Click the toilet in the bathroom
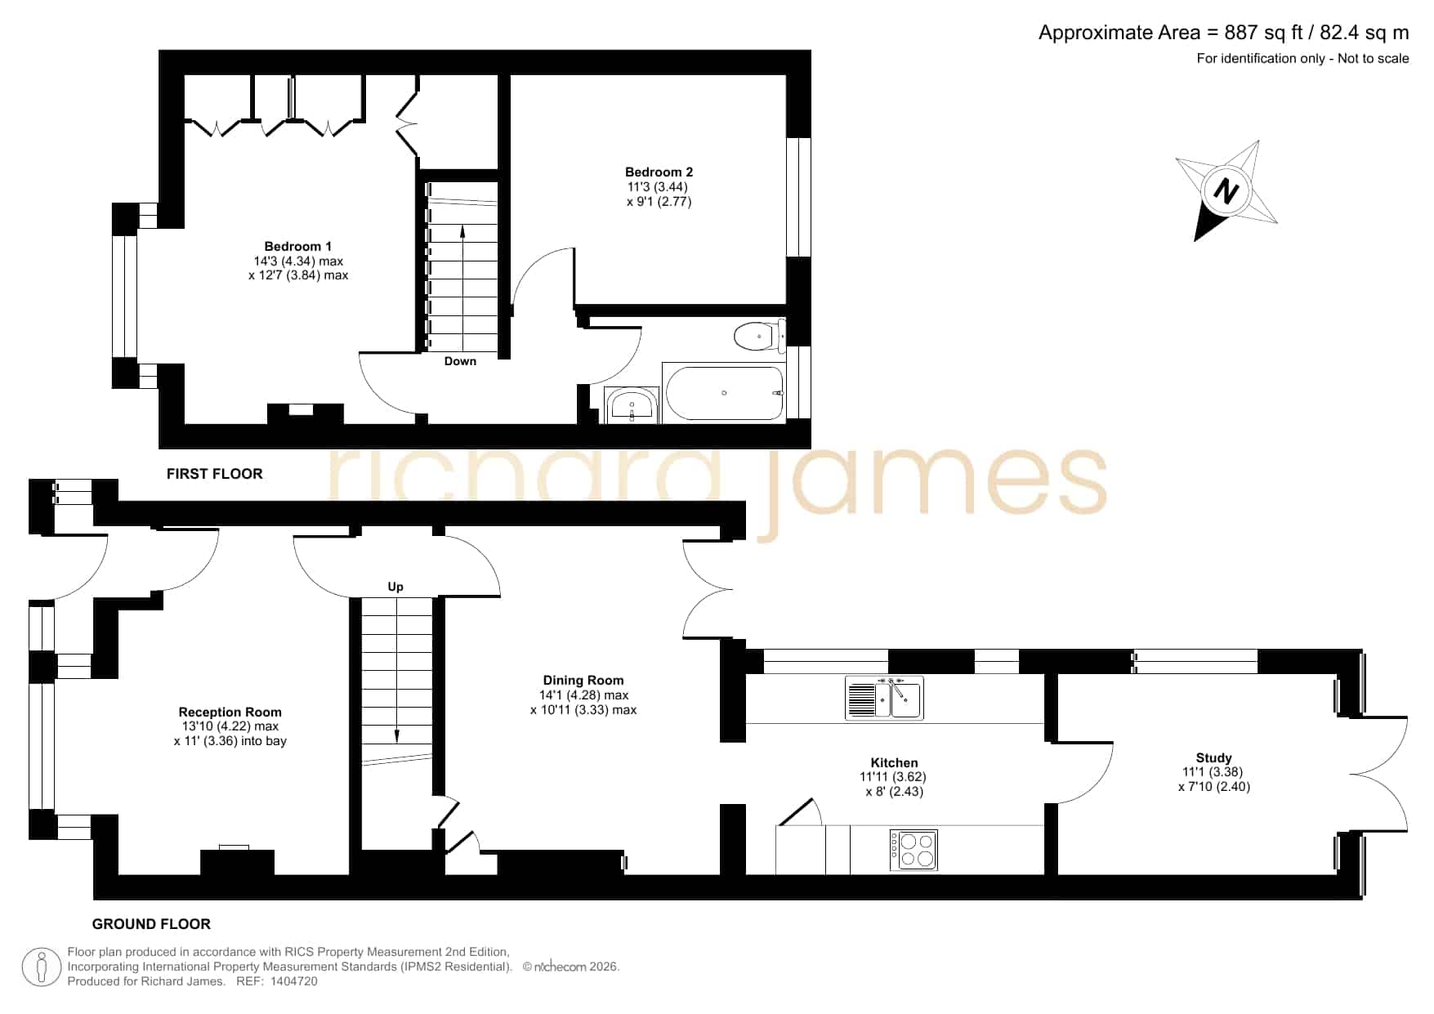tap(759, 336)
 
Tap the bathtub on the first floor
tap(725, 393)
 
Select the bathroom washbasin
tap(632, 405)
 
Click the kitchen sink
tap(885, 698)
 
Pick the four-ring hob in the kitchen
tap(914, 850)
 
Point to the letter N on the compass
tap(1224, 192)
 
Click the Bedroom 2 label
tap(659, 172)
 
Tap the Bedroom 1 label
tap(298, 246)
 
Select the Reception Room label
tap(230, 712)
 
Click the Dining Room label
tap(583, 680)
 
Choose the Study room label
tap(1213, 757)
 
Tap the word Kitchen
tap(895, 762)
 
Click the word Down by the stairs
tap(460, 361)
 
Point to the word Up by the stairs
tap(395, 587)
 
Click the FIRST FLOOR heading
tap(215, 473)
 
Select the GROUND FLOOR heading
tap(151, 924)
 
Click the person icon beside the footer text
tap(42, 967)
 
